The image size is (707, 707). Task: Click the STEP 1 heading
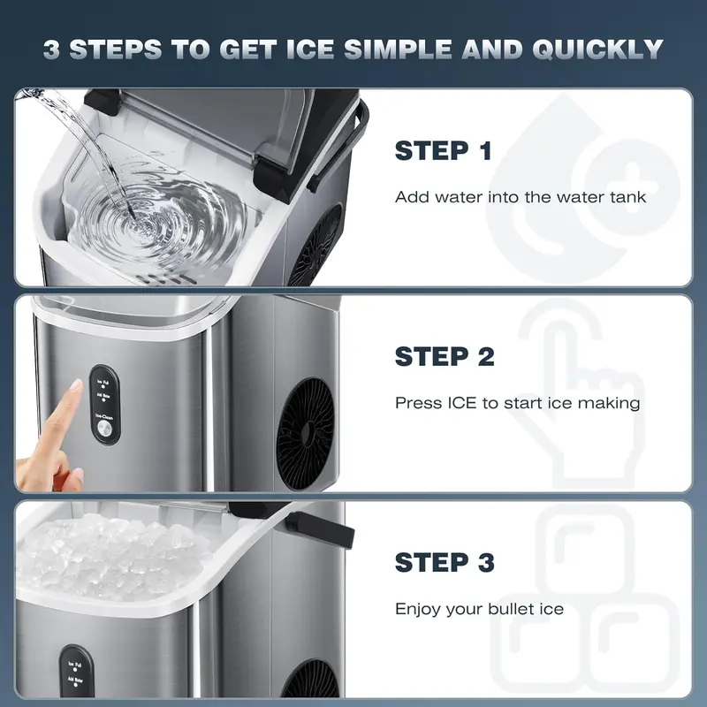[443, 151]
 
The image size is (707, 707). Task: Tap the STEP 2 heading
[445, 357]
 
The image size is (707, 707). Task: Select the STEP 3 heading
[445, 562]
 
